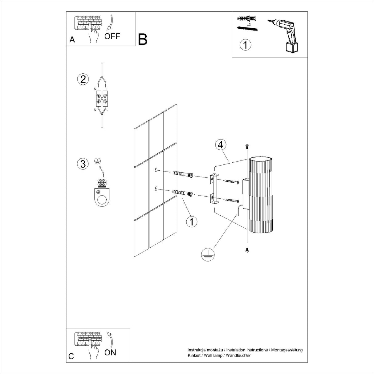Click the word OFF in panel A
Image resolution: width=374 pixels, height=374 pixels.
point(112,36)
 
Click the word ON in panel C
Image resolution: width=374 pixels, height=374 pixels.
point(110,352)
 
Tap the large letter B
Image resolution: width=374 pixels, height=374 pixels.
point(143,39)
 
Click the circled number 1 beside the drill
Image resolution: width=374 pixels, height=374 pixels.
point(245,45)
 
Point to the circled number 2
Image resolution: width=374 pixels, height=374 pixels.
point(83,79)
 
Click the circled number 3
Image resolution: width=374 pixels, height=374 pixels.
point(83,164)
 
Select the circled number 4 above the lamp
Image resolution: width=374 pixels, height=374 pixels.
point(221,145)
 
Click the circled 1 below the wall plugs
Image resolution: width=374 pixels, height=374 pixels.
point(192,222)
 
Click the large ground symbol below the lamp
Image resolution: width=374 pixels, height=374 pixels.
point(208,254)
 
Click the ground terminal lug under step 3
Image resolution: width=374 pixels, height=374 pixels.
point(102,194)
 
